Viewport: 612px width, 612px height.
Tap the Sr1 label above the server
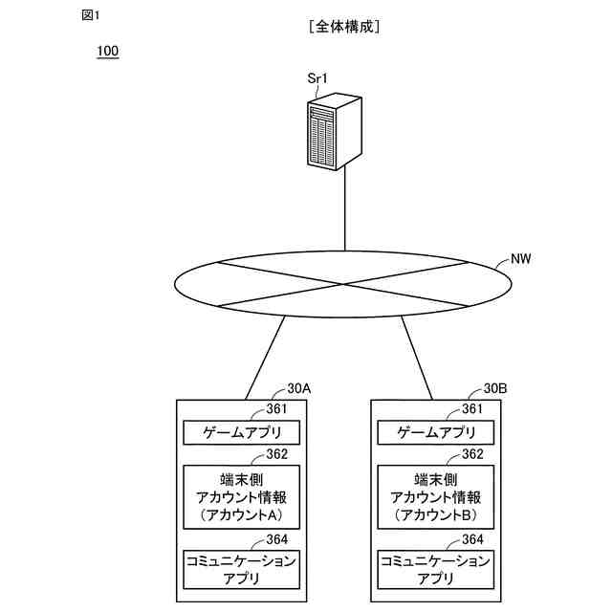coord(317,78)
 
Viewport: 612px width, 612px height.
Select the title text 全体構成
coord(345,28)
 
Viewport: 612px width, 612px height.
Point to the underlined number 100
coord(107,51)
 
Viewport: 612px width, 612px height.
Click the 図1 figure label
coord(91,14)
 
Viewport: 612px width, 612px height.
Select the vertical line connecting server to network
coord(344,210)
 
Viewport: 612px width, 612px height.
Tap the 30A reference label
coord(298,389)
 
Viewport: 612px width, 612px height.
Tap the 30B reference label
coord(494,389)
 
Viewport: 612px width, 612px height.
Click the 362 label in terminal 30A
coord(277,454)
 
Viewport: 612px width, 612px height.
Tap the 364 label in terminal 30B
coord(472,539)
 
